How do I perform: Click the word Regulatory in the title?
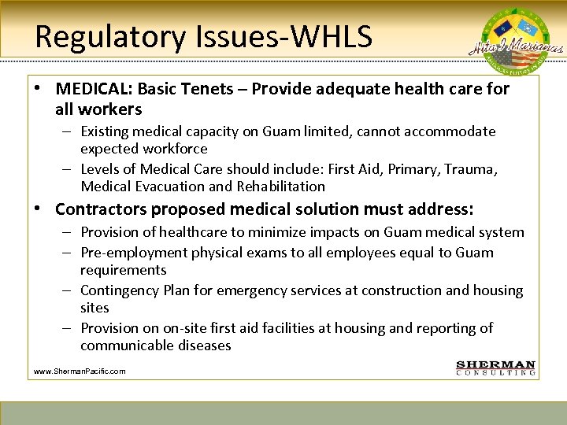click(x=102, y=37)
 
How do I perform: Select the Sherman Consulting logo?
click(x=496, y=368)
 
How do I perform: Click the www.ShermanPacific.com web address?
click(x=80, y=371)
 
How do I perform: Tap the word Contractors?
click(x=101, y=209)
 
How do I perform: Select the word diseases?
click(x=205, y=346)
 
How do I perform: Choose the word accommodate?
click(x=450, y=131)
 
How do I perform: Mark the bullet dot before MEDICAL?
click(x=38, y=89)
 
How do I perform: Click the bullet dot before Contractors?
click(x=38, y=209)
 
